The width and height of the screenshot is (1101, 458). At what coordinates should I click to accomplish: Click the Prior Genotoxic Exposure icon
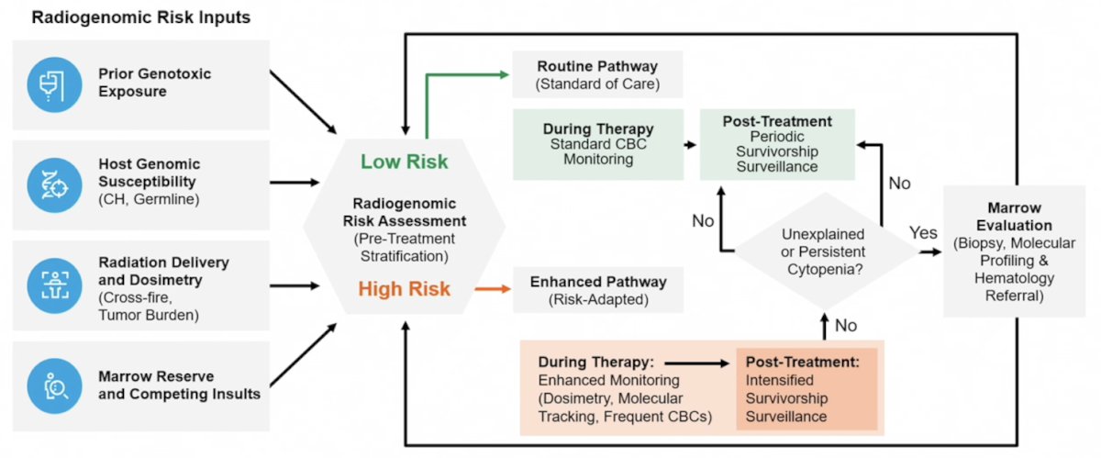click(54, 84)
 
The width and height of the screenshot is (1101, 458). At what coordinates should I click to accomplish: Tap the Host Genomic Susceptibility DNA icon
click(54, 185)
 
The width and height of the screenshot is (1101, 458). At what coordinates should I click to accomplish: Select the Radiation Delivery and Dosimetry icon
click(54, 285)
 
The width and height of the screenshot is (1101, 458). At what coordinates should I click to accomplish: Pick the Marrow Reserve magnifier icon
click(54, 385)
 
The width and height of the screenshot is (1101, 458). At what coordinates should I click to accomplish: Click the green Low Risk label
click(404, 162)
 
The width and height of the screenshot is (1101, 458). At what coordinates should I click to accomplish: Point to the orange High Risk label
click(404, 289)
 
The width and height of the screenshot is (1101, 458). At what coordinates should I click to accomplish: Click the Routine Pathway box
click(597, 74)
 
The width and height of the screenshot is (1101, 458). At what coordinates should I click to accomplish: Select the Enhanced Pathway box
click(598, 290)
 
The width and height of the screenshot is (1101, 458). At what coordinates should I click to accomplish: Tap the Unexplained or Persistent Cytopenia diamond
click(825, 251)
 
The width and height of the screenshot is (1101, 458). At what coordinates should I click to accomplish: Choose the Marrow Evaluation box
click(1014, 251)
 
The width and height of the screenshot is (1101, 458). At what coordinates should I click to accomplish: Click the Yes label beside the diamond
click(923, 233)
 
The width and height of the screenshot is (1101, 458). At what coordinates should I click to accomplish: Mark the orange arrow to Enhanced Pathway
click(493, 289)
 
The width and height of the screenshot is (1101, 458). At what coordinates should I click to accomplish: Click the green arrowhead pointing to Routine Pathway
click(505, 74)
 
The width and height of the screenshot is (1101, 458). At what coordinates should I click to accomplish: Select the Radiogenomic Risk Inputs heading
click(141, 17)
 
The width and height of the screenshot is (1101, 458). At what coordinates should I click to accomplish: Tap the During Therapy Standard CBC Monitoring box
click(598, 144)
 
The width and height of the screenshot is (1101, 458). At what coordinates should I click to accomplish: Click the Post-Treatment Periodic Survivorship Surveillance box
click(777, 144)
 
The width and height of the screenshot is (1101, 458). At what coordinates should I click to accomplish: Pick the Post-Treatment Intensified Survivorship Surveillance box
click(806, 389)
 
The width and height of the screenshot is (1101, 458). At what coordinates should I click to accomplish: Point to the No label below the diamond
click(845, 325)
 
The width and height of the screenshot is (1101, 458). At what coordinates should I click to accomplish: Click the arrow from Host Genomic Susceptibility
click(295, 183)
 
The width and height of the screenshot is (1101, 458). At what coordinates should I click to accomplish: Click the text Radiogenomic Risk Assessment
click(404, 212)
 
